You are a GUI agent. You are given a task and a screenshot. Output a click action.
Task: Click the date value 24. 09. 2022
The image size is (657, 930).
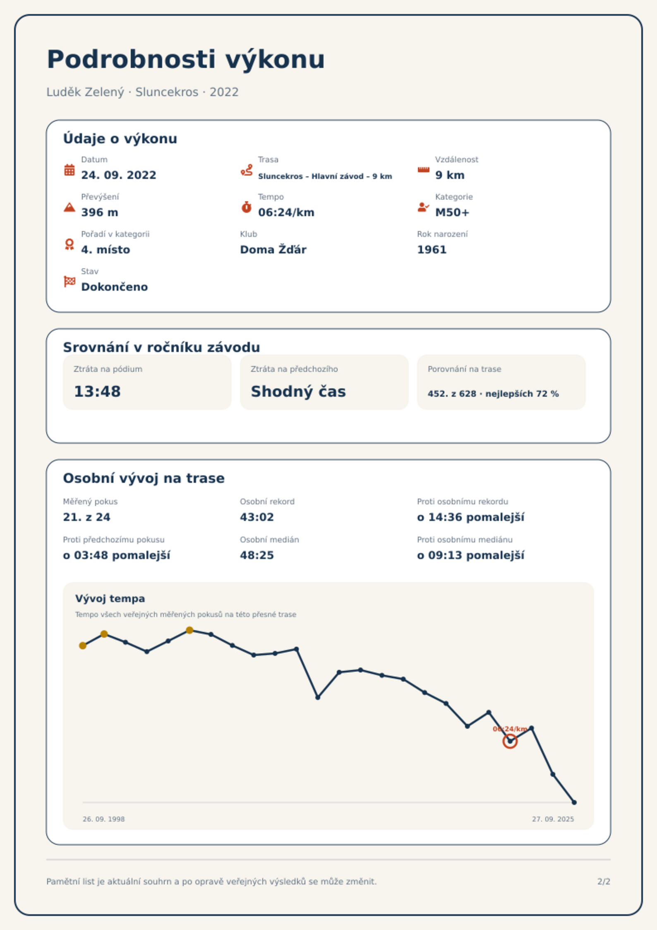coord(119,175)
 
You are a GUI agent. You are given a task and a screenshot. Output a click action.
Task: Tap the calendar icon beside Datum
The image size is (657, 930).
coord(70,170)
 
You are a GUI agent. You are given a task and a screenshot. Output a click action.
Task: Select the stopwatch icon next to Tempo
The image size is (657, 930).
coord(247,207)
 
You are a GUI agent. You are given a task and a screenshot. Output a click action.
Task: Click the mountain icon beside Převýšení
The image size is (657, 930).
coord(70,207)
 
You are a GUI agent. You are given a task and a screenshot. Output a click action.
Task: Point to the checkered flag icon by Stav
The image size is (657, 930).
coord(70,282)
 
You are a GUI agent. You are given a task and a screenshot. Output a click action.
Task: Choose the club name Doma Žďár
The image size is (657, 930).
coord(273,250)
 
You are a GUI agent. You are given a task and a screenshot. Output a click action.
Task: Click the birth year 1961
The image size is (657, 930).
coord(432,250)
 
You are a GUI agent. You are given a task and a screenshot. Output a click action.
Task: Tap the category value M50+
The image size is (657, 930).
coord(452,212)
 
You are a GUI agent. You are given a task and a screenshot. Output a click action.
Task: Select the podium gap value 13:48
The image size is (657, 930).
coord(97,391)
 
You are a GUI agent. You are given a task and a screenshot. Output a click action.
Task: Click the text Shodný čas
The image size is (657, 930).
coord(298,391)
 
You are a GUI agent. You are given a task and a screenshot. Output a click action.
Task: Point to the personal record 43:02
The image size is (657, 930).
coord(257,517)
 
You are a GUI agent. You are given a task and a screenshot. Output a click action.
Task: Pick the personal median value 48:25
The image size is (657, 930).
coord(257,555)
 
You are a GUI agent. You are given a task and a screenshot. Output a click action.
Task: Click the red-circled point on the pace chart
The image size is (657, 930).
coord(510,741)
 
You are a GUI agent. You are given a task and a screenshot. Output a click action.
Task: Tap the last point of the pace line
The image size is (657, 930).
coord(574,802)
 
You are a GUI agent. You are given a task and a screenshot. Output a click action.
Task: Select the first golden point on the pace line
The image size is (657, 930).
coord(83,646)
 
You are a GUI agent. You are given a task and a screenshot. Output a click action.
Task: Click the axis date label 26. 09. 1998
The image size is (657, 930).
coord(103,819)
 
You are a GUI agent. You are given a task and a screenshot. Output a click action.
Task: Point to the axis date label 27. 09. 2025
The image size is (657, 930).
coord(553,819)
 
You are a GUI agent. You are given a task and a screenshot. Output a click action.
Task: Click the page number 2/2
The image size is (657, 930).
coord(604,882)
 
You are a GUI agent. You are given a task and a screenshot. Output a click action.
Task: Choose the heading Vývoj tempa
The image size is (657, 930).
coord(110,599)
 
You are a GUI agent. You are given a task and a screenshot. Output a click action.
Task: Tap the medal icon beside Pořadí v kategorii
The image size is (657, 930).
coord(70,244)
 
